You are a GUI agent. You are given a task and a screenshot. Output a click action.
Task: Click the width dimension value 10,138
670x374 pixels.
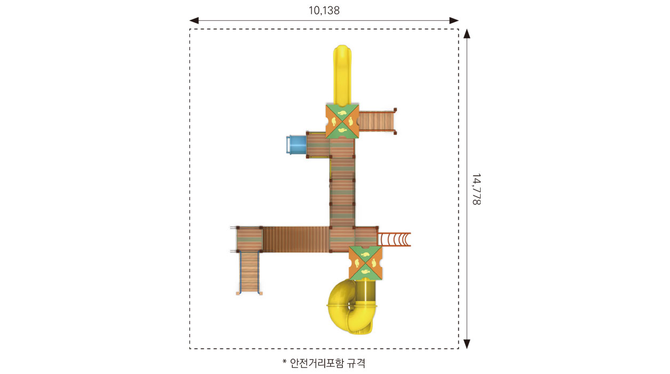[x=324, y=11]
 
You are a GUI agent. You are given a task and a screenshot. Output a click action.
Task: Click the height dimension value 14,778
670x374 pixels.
[x=476, y=189]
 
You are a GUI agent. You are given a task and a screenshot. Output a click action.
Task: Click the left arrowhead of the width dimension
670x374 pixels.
[x=194, y=20]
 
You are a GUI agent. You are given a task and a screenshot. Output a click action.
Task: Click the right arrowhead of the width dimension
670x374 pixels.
[x=454, y=20]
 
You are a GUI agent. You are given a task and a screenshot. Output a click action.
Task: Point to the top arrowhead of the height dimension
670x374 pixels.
[x=467, y=34]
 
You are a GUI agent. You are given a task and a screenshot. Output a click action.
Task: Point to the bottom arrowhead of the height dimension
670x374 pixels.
[x=467, y=344]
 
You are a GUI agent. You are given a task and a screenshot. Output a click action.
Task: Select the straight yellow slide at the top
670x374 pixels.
[x=342, y=75]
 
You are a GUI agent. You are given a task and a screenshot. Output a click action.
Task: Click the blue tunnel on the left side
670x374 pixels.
[x=297, y=145]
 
